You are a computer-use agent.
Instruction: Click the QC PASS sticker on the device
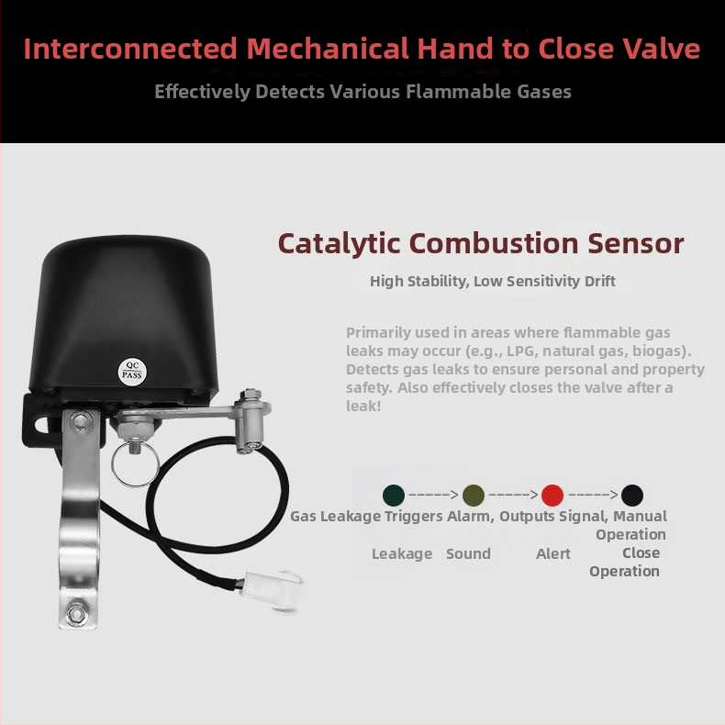pos(132,371)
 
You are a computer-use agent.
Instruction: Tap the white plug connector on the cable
pos(272,588)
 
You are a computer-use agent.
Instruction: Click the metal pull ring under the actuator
pos(135,463)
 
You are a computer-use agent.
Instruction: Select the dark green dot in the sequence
pos(394,495)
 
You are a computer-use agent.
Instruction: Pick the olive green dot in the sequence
pos(474,495)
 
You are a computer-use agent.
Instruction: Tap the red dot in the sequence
pos(552,495)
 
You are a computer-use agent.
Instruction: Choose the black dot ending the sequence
pos(632,495)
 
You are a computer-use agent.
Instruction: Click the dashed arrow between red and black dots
pos(592,495)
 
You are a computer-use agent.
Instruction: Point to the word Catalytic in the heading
pos(339,244)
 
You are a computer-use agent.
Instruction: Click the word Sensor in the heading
pos(636,244)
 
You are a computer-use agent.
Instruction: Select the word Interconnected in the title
pos(130,49)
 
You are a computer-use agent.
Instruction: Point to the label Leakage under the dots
pos(402,554)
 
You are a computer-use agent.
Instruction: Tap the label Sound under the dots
pos(468,553)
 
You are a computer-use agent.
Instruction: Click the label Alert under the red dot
pos(553,553)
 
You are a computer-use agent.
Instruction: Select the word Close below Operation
pos(641,552)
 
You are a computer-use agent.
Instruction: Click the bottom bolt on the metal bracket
pos(76,614)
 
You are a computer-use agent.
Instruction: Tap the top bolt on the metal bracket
pos(81,421)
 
